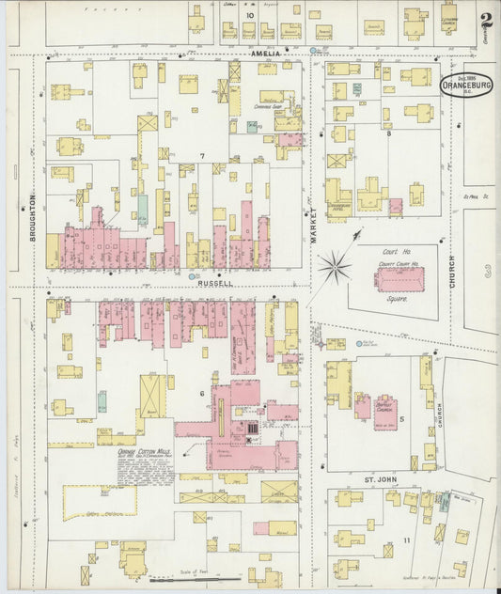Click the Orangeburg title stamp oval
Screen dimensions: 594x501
pyautogui.click(x=460, y=84)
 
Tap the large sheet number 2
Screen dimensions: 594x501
pyautogui.click(x=485, y=20)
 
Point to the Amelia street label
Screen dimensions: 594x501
pyautogui.click(x=266, y=54)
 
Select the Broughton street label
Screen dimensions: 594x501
pyautogui.click(x=31, y=219)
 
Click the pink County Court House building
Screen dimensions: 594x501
pyautogui.click(x=400, y=279)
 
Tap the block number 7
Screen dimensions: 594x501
pyautogui.click(x=200, y=155)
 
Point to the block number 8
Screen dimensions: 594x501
pyautogui.click(x=388, y=134)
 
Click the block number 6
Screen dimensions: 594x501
pyautogui.click(x=200, y=393)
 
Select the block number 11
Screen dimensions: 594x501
pyautogui.click(x=406, y=540)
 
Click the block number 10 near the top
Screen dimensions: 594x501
pyautogui.click(x=249, y=16)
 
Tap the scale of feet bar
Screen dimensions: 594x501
pyautogui.click(x=195, y=579)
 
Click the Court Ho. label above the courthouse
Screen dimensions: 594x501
pyautogui.click(x=401, y=251)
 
